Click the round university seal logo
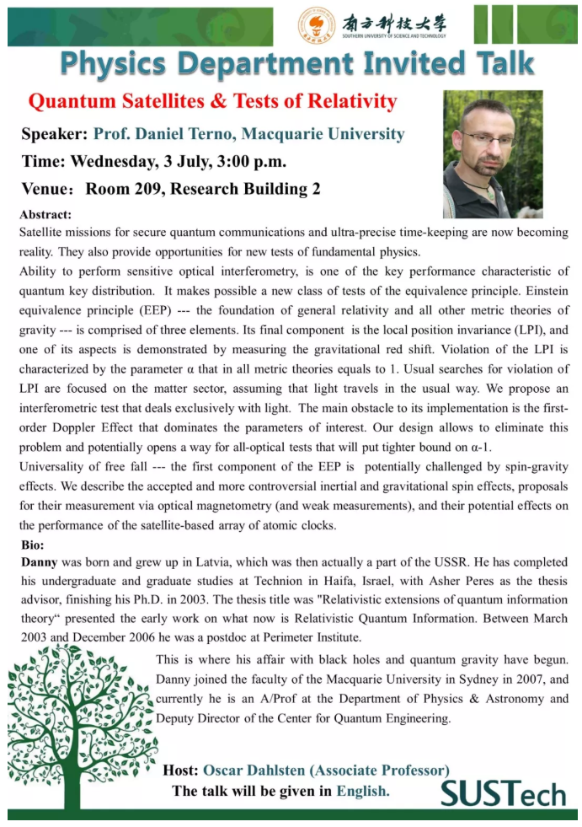tap(317, 24)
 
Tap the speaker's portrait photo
tap(493, 154)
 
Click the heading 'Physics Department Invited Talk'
tap(297, 64)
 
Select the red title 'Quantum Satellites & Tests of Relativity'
tap(212, 102)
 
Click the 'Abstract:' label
tap(45, 215)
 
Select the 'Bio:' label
tap(34, 545)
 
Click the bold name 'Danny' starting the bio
tap(38, 561)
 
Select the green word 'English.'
tap(363, 791)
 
